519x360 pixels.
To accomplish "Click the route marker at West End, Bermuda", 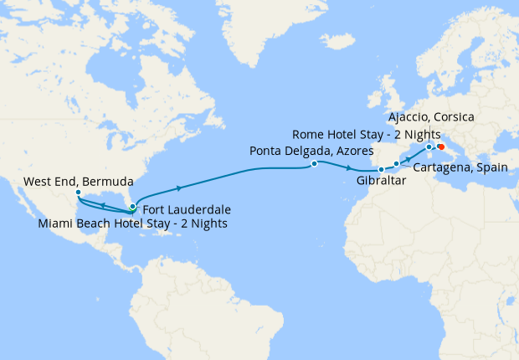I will tap(78, 193).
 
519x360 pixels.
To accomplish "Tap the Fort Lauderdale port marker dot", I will tap(132, 206).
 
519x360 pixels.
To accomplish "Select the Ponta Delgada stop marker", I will tap(314, 164).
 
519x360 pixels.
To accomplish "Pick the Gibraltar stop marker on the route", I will tap(381, 170).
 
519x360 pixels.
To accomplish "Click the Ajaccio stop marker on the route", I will tap(429, 147).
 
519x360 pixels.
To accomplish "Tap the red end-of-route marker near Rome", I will tap(440, 147).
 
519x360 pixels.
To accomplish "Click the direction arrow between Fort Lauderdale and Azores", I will tap(178, 188).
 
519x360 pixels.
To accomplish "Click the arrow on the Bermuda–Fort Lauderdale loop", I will tap(101, 204).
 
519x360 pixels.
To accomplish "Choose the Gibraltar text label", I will tap(379, 181).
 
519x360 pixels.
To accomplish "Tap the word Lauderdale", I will tap(201, 209).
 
